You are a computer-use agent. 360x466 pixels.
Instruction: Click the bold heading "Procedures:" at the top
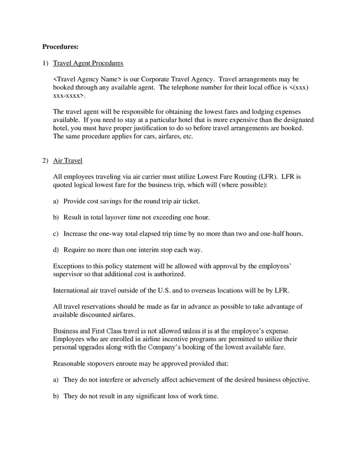tap(60, 47)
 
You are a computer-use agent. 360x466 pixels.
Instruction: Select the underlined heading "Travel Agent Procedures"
tap(88, 63)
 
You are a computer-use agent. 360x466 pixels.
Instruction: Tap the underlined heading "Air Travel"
tap(68, 161)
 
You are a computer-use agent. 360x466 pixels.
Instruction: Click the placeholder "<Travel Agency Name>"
tap(87, 79)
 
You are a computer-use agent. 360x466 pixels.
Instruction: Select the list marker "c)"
tap(56, 234)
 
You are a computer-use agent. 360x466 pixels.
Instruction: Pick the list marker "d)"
tap(56, 250)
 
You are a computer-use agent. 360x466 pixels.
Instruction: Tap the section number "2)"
tap(45, 161)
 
